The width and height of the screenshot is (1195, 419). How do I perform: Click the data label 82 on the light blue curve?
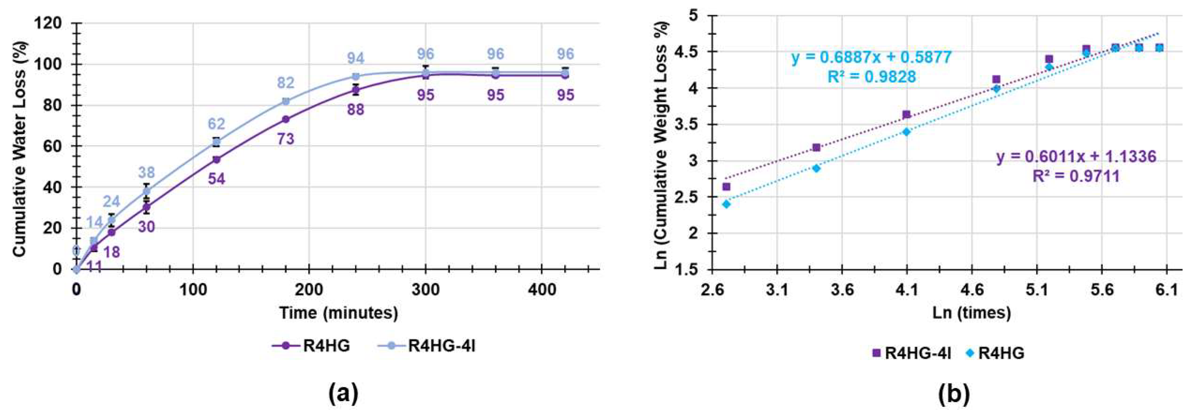pyautogui.click(x=286, y=83)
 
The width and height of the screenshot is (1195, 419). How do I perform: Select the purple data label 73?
pyautogui.click(x=286, y=139)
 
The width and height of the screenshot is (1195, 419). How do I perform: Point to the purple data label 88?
pyautogui.click(x=355, y=110)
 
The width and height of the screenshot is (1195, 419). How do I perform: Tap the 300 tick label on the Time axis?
pyautogui.click(x=425, y=291)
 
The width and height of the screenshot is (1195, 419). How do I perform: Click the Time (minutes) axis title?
pyautogui.click(x=338, y=313)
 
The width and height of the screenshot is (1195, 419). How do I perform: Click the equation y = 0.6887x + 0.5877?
pyautogui.click(x=871, y=58)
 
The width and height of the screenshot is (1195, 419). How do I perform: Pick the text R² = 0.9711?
pyautogui.click(x=1075, y=176)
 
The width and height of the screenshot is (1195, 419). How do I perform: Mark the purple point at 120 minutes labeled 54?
pyautogui.click(x=216, y=160)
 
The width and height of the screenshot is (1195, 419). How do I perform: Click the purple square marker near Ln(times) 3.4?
pyautogui.click(x=816, y=148)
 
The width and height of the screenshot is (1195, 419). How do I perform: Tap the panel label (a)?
pyautogui.click(x=343, y=381)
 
